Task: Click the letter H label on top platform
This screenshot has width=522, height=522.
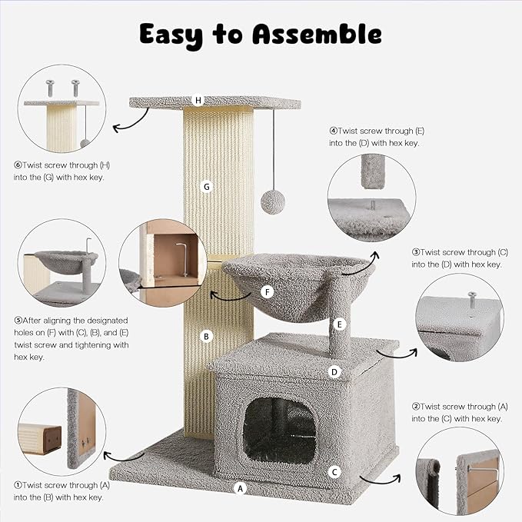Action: pyautogui.click(x=199, y=100)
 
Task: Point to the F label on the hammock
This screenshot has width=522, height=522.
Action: pyautogui.click(x=268, y=292)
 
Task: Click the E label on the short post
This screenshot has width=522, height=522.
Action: pyautogui.click(x=338, y=325)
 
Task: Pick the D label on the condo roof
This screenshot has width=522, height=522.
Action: pyautogui.click(x=334, y=372)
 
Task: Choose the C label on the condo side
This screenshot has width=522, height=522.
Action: pyautogui.click(x=334, y=471)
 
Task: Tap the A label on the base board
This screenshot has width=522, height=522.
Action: pyautogui.click(x=240, y=488)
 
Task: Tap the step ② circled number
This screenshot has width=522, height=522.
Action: pyautogui.click(x=416, y=406)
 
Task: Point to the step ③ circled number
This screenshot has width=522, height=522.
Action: pyautogui.click(x=416, y=251)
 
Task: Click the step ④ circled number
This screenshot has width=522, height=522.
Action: pyautogui.click(x=334, y=131)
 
